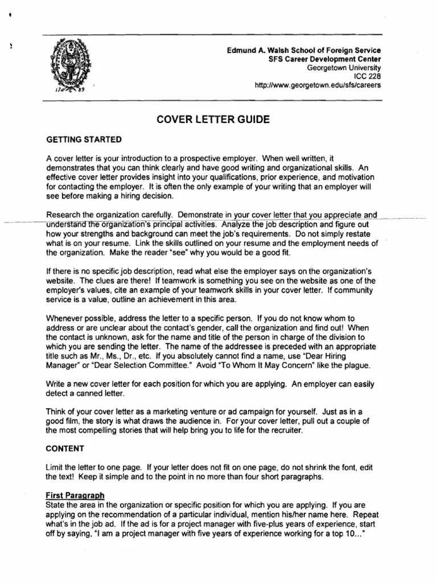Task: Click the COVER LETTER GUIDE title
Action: [x=209, y=120]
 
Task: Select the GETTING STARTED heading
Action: [x=84, y=139]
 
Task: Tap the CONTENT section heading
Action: [x=65, y=448]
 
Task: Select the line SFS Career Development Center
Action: [x=324, y=59]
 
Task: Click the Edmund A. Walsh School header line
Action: [x=304, y=51]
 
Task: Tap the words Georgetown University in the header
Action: [x=344, y=68]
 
